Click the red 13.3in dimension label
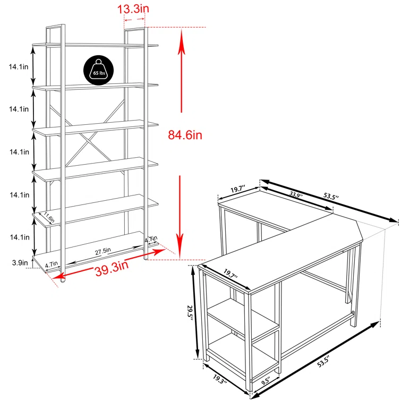134,8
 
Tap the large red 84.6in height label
185,135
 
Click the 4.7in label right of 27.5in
150,240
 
